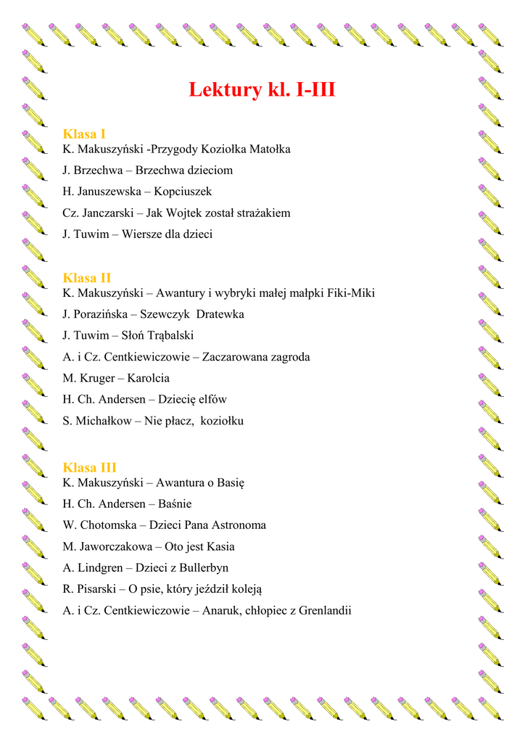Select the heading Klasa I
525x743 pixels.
click(x=85, y=134)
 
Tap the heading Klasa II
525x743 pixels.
click(x=87, y=278)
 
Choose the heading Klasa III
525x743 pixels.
click(x=90, y=467)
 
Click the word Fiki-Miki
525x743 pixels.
click(x=351, y=293)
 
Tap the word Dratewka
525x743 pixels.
click(x=220, y=314)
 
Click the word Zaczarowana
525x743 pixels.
click(x=234, y=357)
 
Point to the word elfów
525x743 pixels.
click(x=211, y=400)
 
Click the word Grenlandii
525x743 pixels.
click(x=325, y=610)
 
